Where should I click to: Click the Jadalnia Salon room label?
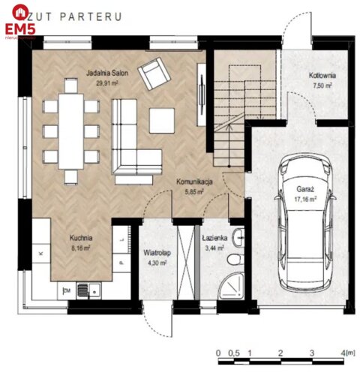click(x=106, y=74)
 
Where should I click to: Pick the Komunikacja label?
click(x=196, y=182)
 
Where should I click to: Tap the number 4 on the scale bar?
click(x=341, y=351)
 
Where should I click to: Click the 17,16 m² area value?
click(x=304, y=200)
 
